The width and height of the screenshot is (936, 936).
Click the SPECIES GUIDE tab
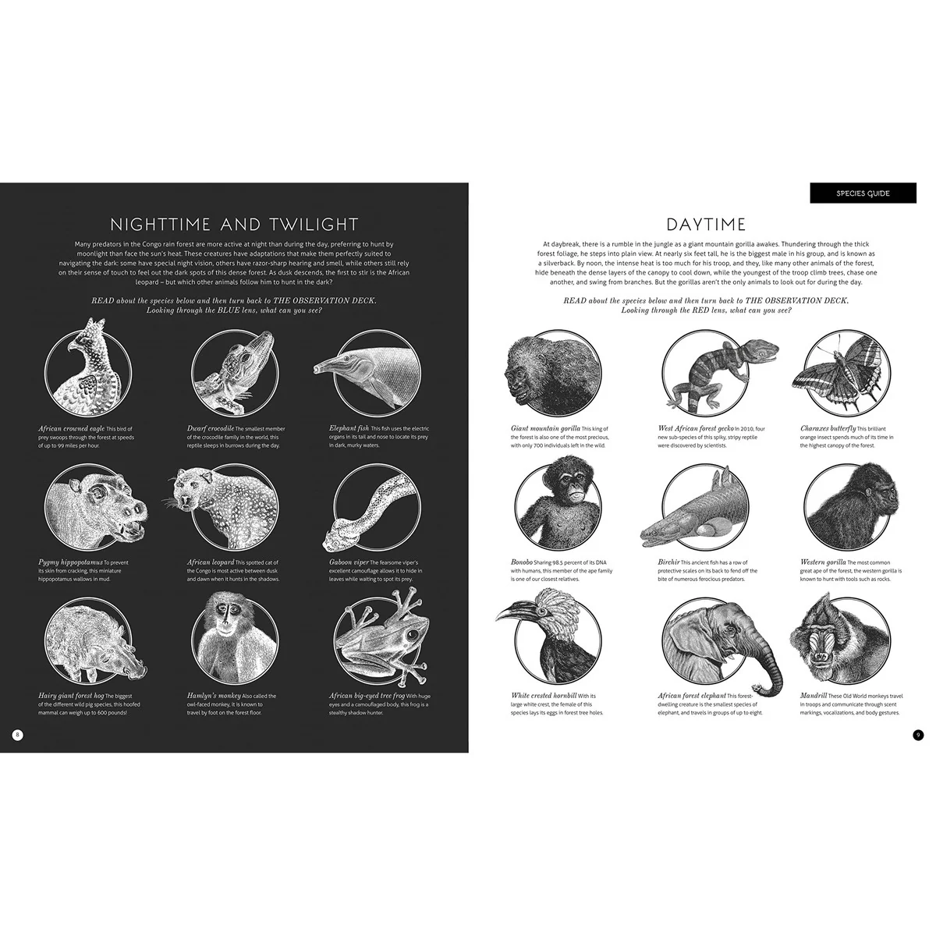[863, 193]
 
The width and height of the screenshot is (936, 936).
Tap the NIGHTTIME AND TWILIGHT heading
[235, 225]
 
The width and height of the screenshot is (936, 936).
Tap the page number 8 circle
[19, 734]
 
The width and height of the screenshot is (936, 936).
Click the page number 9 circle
[918, 734]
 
